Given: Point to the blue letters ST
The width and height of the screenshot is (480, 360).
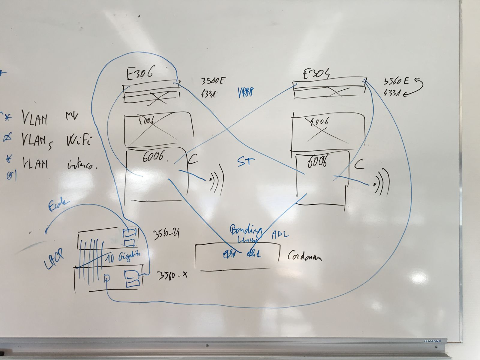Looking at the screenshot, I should pos(246,162).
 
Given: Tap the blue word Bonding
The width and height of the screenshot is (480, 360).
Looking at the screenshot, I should pos(246,231).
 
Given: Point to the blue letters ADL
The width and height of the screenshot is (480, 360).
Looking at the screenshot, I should pos(280,234).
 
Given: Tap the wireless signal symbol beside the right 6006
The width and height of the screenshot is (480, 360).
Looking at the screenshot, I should pos(381,182).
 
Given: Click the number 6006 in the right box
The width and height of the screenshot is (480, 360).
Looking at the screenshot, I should pos(317,162).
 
